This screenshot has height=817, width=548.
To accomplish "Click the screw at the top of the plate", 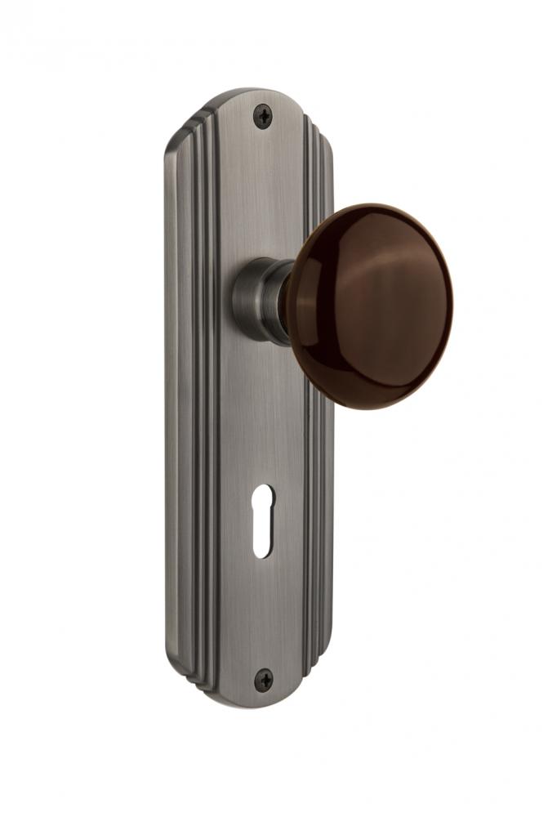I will coord(263,117).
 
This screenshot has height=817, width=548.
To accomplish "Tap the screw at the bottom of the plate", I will coord(264,679).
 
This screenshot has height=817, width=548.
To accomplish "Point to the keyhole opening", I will coord(263,520).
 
